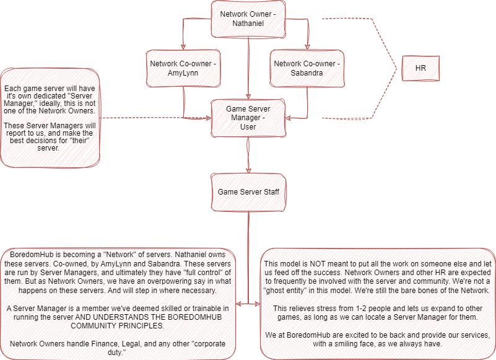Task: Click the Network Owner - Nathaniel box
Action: (x=248, y=19)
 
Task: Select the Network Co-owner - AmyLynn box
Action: (x=183, y=68)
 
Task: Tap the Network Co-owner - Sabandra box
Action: (x=307, y=68)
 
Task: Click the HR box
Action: (x=420, y=68)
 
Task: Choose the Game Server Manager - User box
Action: (x=248, y=118)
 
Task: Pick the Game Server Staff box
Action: (x=248, y=192)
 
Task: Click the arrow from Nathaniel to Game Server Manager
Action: (x=248, y=69)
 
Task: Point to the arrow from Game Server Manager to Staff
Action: (x=248, y=155)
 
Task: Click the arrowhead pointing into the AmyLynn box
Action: (x=183, y=47)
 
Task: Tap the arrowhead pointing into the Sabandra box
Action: (x=307, y=47)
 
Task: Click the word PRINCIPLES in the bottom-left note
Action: (x=139, y=326)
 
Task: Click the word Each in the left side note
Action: (x=12, y=89)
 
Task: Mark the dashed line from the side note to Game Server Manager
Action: (x=155, y=118)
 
